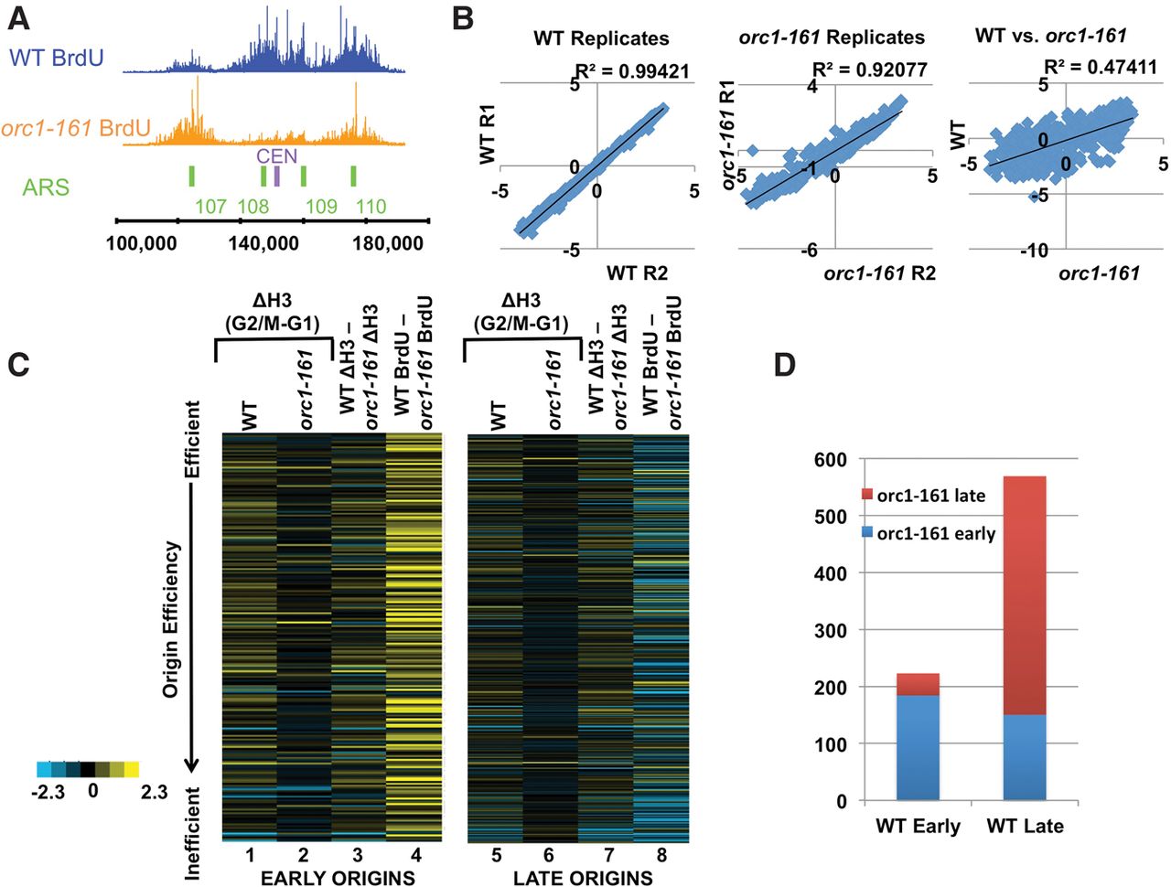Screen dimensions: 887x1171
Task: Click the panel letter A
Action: click(18, 19)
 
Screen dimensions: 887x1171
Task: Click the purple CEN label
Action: click(276, 156)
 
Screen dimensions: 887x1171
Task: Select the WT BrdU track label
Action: click(57, 58)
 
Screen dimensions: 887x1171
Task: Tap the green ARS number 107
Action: click(210, 207)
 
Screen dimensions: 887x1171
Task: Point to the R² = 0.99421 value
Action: click(632, 71)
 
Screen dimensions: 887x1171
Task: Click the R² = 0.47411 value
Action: click(1100, 68)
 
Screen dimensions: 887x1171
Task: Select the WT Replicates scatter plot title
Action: click(601, 38)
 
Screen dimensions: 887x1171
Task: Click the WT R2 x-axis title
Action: click(637, 272)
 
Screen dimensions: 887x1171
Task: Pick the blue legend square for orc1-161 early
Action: click(867, 532)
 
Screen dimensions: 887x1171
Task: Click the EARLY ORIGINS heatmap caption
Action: click(338, 878)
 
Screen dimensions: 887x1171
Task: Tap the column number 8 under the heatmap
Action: click(661, 856)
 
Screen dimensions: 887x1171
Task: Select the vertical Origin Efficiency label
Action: click(171, 619)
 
